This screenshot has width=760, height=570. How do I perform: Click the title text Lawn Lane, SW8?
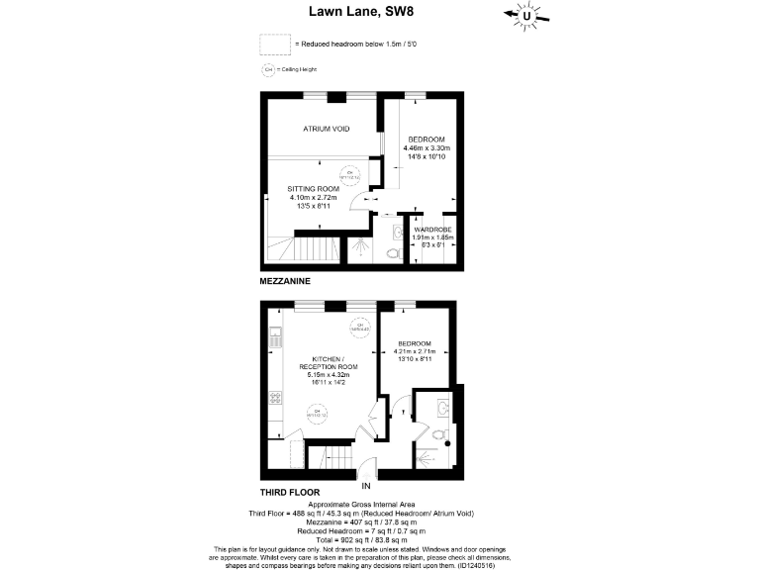coord(379,12)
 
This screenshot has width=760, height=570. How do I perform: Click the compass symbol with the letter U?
coord(529,15)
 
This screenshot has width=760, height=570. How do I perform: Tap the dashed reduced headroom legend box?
coord(275,45)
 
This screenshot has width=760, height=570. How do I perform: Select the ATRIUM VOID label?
coord(326,129)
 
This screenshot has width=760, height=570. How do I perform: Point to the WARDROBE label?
coord(432,230)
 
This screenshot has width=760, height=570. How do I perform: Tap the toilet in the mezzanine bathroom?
coord(393,252)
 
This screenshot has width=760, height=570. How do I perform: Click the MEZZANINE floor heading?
coord(285,281)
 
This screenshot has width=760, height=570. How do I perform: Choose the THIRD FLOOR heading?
coord(290,492)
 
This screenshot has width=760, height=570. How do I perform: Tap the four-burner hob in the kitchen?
coord(272,399)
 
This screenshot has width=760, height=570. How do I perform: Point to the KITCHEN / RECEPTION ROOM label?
coord(328,363)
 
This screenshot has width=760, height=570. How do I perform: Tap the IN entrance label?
coord(365,486)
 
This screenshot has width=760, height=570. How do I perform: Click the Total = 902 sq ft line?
coord(379,540)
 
